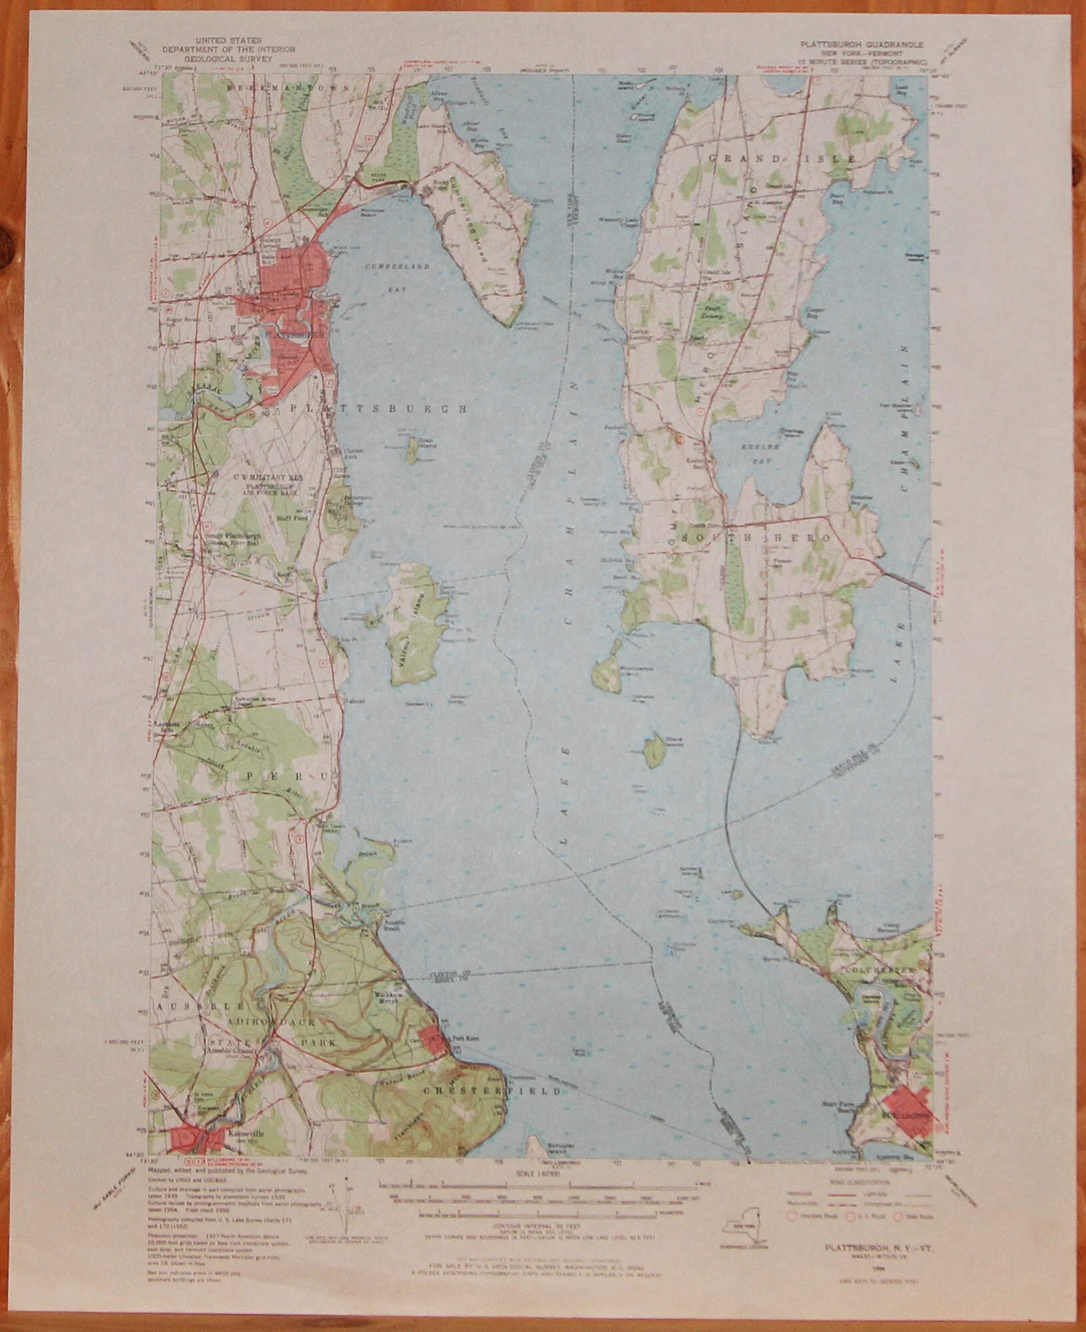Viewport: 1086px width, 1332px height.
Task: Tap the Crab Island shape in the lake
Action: [412, 450]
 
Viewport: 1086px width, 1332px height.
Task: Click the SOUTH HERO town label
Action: [758, 537]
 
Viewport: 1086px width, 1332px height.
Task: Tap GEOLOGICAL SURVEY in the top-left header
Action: [229, 58]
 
